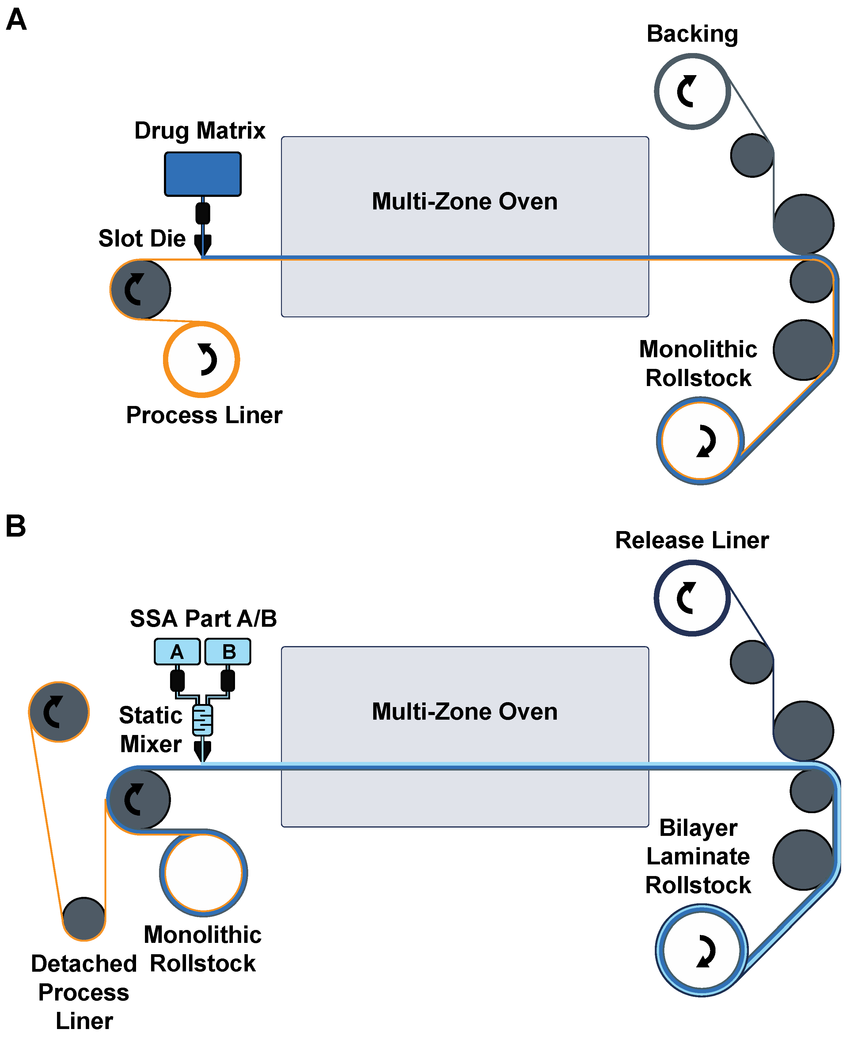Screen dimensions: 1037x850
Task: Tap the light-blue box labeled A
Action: click(177, 652)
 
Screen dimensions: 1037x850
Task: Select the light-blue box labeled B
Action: click(228, 652)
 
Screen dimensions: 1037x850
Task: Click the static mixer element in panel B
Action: click(202, 720)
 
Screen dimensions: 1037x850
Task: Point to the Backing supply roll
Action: click(692, 92)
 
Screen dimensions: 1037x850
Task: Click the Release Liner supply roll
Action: click(692, 598)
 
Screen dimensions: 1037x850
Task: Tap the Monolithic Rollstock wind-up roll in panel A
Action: click(700, 440)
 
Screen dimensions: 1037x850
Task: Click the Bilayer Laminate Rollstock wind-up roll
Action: click(702, 950)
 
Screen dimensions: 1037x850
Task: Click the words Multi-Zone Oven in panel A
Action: click(464, 201)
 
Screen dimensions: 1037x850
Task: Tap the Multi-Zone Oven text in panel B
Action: click(464, 712)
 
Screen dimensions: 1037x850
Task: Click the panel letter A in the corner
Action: click(16, 20)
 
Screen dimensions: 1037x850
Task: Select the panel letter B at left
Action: click(15, 526)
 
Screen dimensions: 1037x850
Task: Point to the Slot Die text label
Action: click(142, 239)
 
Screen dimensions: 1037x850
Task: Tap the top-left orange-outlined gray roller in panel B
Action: click(59, 712)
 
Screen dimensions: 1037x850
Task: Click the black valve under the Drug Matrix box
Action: click(203, 214)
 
